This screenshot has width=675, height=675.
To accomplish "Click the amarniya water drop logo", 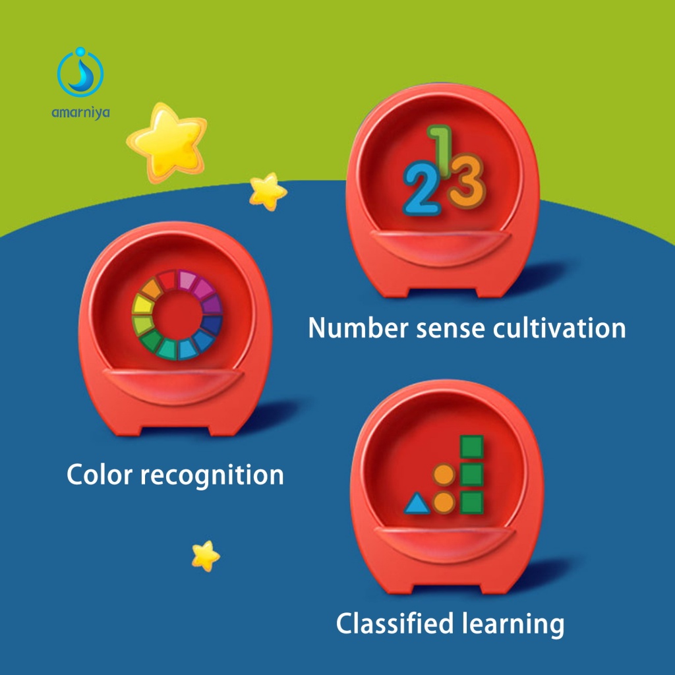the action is point(80,72).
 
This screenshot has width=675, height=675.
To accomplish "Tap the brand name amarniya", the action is point(80,113).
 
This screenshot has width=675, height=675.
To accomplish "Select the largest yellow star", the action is point(167,142).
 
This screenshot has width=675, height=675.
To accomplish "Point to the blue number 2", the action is point(421,188).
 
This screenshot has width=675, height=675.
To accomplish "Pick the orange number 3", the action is point(467,181).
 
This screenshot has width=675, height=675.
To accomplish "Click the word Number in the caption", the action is point(359,328).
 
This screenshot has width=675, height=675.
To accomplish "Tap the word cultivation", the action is point(559,328).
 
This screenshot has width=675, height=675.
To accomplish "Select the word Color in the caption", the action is point(100,475).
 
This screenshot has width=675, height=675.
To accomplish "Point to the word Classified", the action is point(396,624).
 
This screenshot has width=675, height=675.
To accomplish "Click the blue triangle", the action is point(417,504).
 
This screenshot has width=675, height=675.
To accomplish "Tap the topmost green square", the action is point(472,446).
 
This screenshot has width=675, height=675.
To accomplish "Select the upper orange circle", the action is point(444,475).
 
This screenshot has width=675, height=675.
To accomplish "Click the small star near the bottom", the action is point(206,556).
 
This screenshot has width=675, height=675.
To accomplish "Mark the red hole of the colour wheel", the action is point(177,315).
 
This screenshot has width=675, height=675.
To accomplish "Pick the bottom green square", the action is point(472,502).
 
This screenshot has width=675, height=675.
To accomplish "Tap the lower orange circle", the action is point(444,502).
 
